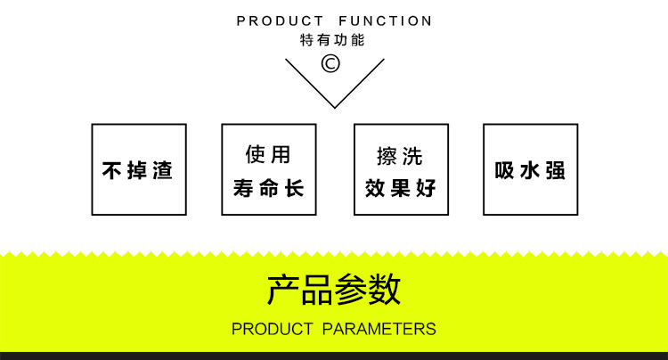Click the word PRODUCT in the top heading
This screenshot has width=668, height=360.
280,20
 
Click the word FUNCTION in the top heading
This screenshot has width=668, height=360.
386,20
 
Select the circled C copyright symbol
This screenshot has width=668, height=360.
331,63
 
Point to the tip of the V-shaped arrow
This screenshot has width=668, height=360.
334,107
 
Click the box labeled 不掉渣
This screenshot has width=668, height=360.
139,169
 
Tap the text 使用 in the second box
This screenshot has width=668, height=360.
268,155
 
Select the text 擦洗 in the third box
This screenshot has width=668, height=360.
400,156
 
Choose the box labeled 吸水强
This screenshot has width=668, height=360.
530,169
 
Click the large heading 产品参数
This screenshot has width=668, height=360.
334,290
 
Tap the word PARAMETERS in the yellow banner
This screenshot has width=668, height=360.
379,329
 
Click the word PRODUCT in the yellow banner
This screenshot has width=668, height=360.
272,329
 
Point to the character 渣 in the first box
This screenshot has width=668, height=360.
161,170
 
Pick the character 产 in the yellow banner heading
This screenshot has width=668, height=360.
283,290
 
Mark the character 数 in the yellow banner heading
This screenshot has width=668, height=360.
385,290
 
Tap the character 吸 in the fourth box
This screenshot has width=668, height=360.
505,170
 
